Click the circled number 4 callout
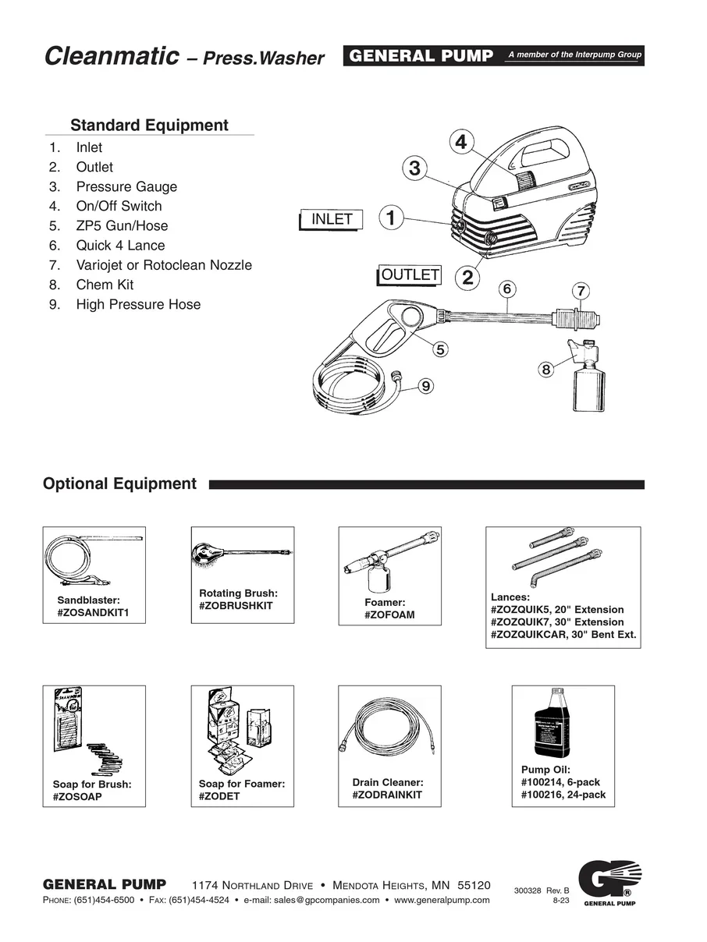point(461,142)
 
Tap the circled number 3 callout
point(415,168)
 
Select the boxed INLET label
point(332,219)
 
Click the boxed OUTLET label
point(410,274)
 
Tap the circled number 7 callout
point(581,292)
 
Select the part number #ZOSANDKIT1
point(92,613)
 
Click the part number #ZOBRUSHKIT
point(236,606)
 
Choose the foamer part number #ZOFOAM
point(389,615)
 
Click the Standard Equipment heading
point(149,126)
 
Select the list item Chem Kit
point(105,285)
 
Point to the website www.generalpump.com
point(442,899)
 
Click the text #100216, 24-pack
point(563,795)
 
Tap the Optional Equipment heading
point(119,483)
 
